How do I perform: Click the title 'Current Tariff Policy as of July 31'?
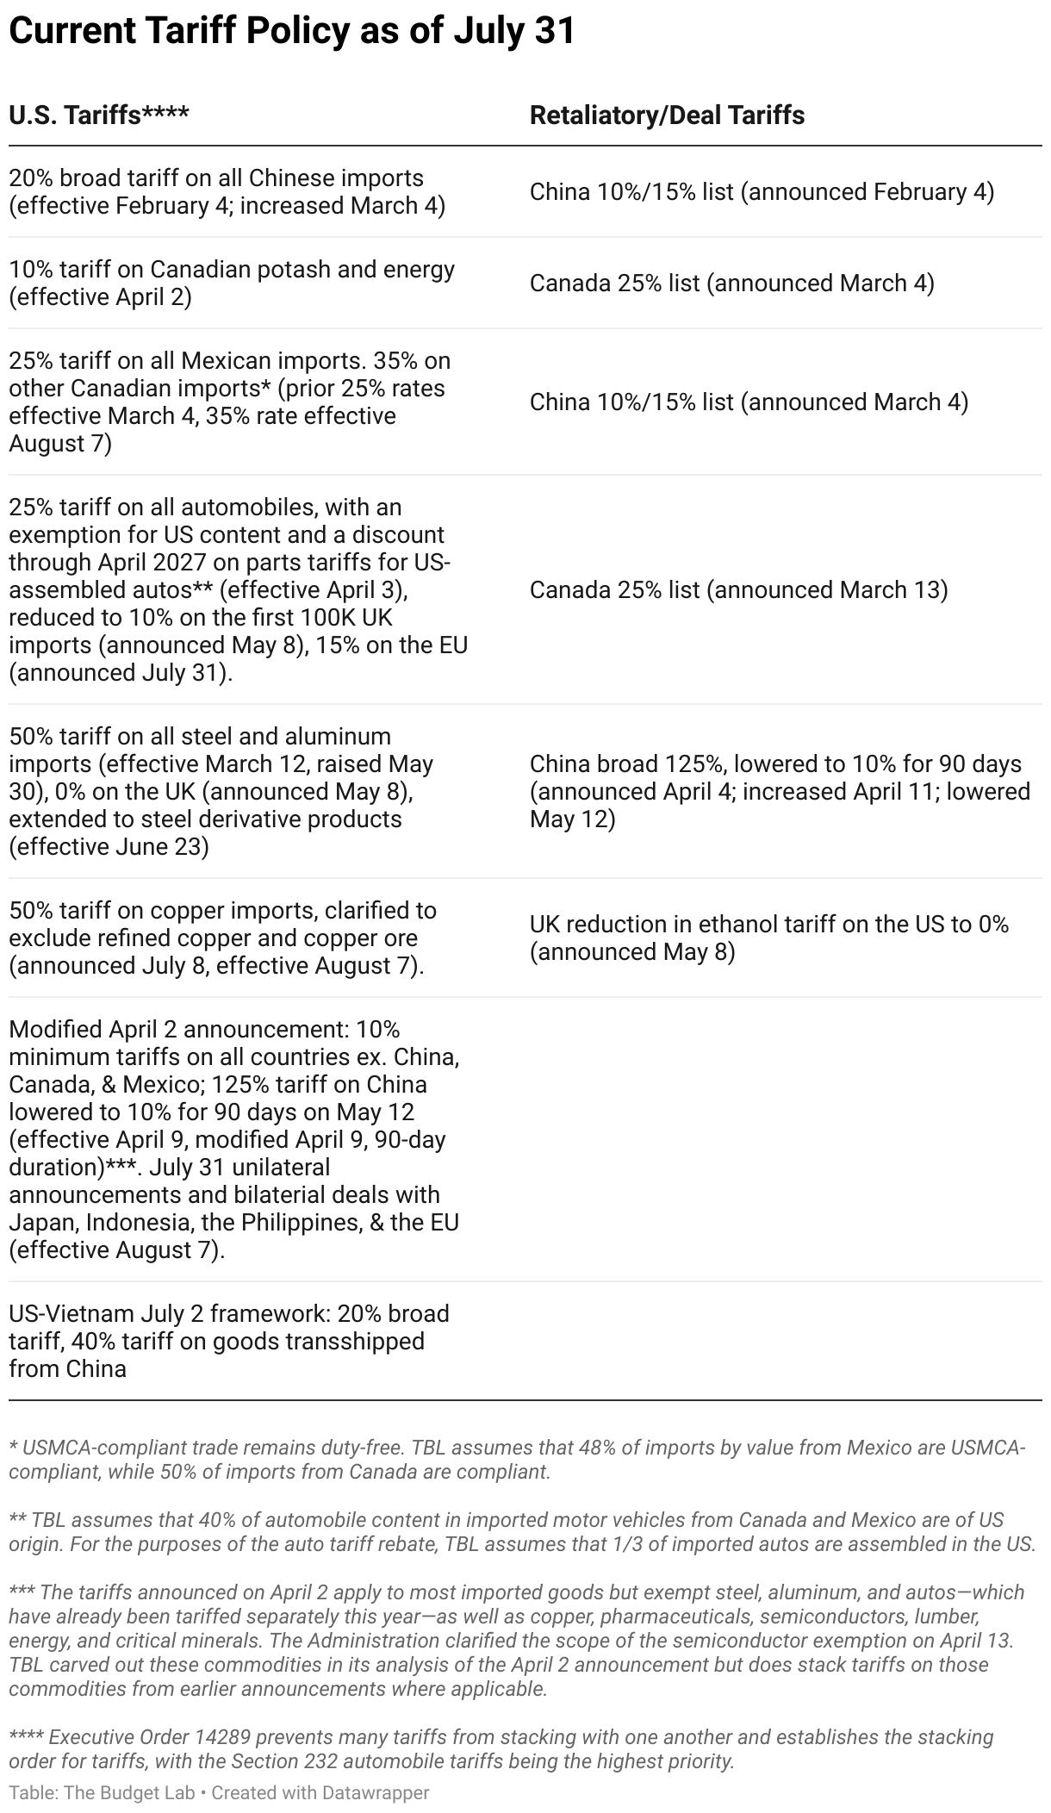pyautogui.click(x=291, y=32)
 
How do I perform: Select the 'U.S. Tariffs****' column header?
pyautogui.click(x=99, y=115)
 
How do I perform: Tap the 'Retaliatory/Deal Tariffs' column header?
pyautogui.click(x=667, y=115)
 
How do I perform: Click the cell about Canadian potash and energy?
pyautogui.click(x=232, y=283)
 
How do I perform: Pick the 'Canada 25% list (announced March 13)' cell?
pyautogui.click(x=738, y=589)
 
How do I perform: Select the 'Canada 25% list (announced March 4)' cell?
pyautogui.click(x=731, y=283)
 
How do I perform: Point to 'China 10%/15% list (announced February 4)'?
pyautogui.click(x=762, y=191)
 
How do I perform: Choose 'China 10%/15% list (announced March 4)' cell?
pyautogui.click(x=749, y=402)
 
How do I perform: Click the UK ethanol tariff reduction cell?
pyautogui.click(x=768, y=938)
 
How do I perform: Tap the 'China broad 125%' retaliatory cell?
pyautogui.click(x=779, y=791)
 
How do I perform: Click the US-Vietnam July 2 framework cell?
pyautogui.click(x=229, y=1341)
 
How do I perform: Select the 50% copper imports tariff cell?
pyautogui.click(x=222, y=938)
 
